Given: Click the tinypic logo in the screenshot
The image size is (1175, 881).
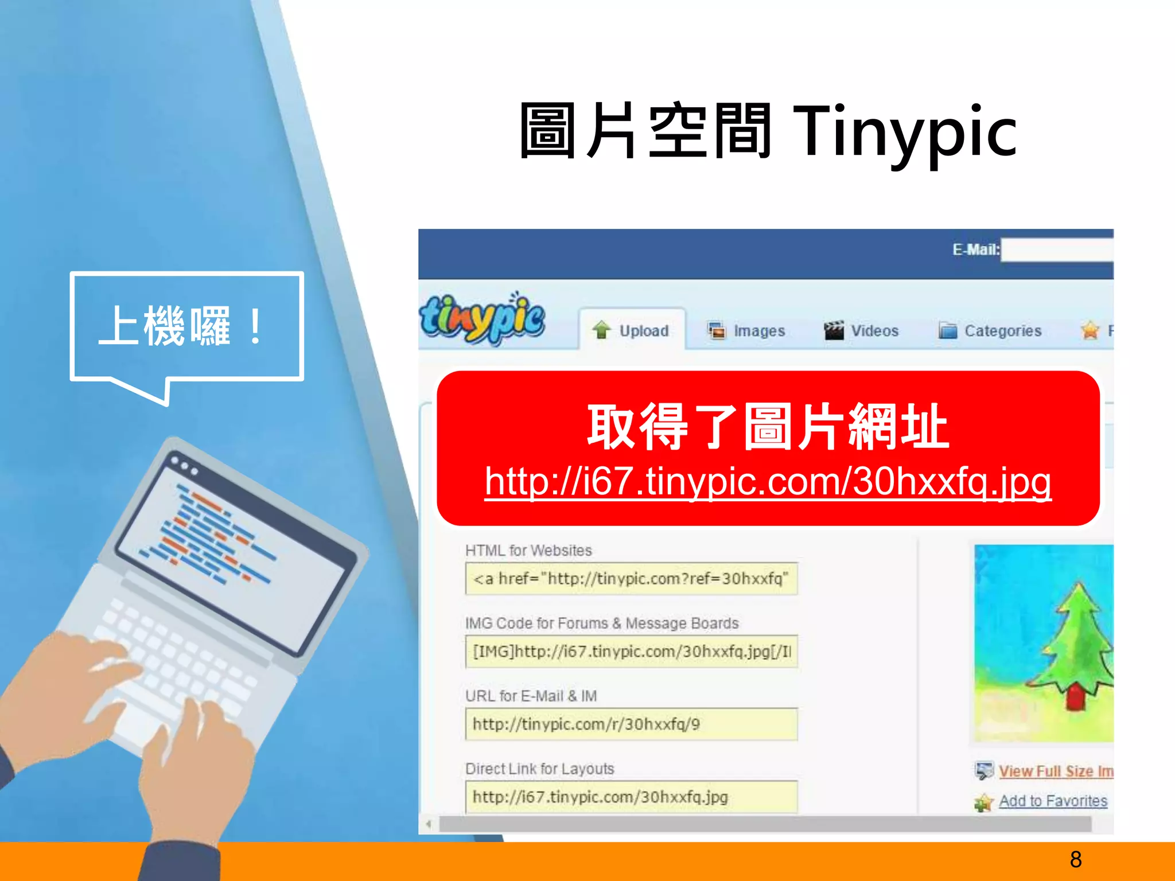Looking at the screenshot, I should (483, 319).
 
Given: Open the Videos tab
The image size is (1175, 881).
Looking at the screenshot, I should (862, 331).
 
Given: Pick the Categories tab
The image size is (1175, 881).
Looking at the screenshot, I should (990, 331).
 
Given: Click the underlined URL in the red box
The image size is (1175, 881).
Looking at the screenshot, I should (768, 482).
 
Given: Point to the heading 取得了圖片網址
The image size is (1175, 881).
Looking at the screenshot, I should (768, 427).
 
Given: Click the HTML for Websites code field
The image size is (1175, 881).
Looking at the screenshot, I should (631, 579).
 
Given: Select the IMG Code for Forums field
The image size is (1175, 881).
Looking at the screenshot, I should (631, 652).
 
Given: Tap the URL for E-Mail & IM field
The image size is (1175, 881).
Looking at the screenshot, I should (631, 724).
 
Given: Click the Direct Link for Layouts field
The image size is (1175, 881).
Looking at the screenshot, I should (631, 797).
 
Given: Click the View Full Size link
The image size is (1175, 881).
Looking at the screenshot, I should (1055, 771).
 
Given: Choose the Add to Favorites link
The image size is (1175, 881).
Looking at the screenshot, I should (1053, 801).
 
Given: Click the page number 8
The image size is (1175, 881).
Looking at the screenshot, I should (1076, 859).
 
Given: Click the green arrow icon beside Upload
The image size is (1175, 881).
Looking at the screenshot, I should (602, 330).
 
